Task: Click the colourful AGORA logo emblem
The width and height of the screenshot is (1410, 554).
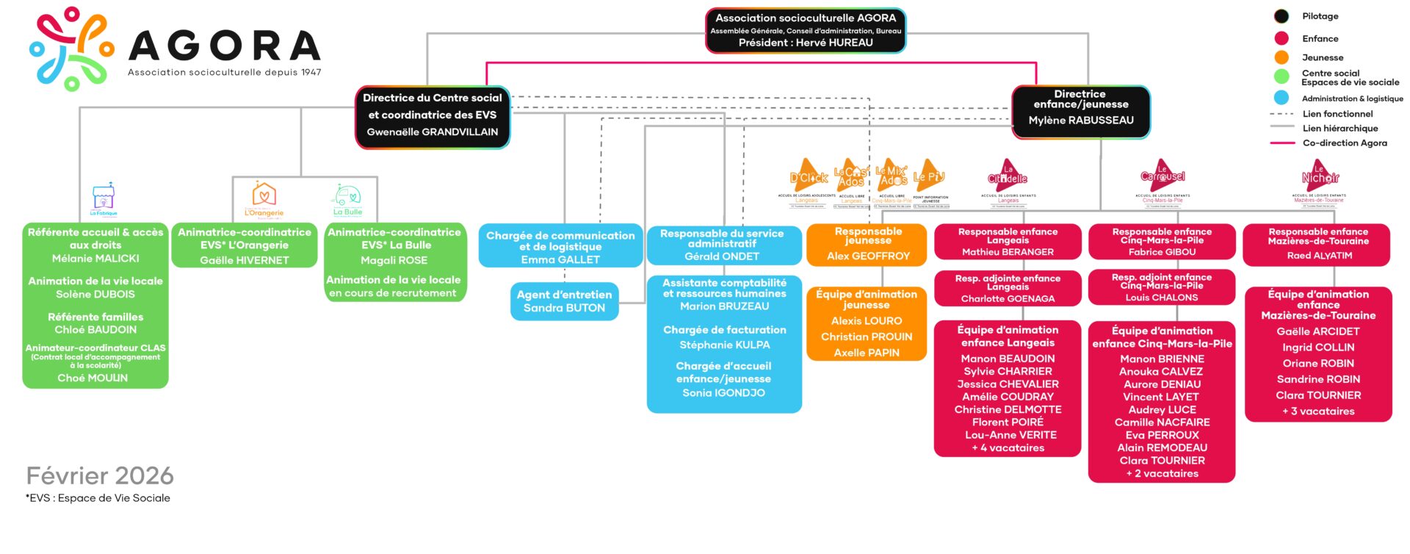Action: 72,48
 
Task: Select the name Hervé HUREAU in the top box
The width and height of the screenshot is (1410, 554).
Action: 806,43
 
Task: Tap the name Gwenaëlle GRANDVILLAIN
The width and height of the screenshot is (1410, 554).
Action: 433,132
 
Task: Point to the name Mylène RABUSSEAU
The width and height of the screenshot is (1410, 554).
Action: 1081,120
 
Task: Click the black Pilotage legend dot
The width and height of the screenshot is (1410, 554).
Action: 1281,16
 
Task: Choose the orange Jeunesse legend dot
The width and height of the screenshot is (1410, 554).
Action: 1281,57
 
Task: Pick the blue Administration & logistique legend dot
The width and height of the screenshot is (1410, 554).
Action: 1281,98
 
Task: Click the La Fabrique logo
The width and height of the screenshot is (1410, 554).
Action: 104,198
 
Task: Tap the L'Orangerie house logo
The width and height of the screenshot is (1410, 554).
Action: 264,197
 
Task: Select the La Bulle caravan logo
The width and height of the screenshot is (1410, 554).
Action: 347,198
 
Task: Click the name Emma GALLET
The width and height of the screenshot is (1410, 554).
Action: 560,260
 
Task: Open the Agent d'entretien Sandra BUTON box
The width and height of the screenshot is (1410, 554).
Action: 564,301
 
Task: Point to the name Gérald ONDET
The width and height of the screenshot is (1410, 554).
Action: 722,256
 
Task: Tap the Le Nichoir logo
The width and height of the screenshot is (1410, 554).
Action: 1320,176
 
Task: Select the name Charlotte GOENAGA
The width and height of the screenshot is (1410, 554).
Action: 1008,299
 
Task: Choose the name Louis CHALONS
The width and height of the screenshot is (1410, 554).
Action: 1162,298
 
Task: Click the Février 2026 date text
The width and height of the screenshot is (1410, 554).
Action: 100,476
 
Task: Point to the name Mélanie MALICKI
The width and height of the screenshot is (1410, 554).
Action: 95,259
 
